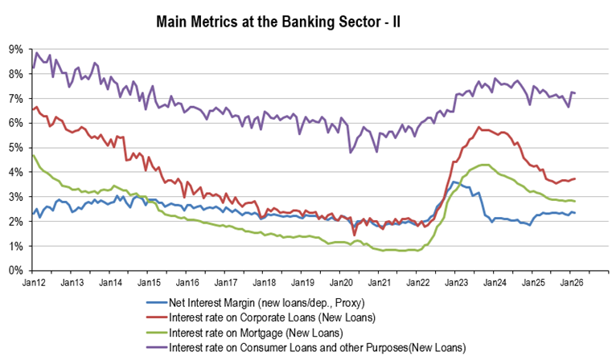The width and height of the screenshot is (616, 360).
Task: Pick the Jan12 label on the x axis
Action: [33, 283]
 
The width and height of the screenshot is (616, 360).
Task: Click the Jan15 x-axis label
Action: [148, 283]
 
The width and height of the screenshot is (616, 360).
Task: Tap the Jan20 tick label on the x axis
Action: [340, 283]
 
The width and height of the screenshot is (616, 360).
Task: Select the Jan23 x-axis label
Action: [455, 283]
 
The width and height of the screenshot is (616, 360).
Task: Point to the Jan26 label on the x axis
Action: [570, 283]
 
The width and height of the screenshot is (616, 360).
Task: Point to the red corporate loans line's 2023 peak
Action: [479, 127]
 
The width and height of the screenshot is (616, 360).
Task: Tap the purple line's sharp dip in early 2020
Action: [350, 152]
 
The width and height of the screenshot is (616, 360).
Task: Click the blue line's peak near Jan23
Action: [454, 182]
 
